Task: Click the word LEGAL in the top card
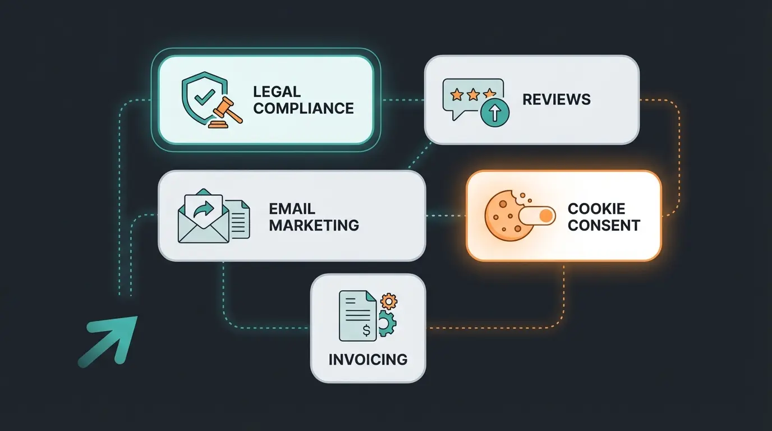click(x=277, y=91)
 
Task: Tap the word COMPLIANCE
click(x=304, y=108)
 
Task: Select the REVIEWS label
click(x=557, y=100)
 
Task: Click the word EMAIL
click(x=292, y=209)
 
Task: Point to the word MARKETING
click(x=314, y=226)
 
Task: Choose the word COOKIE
click(x=596, y=209)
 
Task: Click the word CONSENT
click(x=604, y=226)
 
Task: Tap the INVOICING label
click(x=368, y=359)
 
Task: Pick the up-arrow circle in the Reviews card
click(x=495, y=113)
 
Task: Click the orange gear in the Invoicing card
click(x=388, y=301)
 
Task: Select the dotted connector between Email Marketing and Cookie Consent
click(x=445, y=215)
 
